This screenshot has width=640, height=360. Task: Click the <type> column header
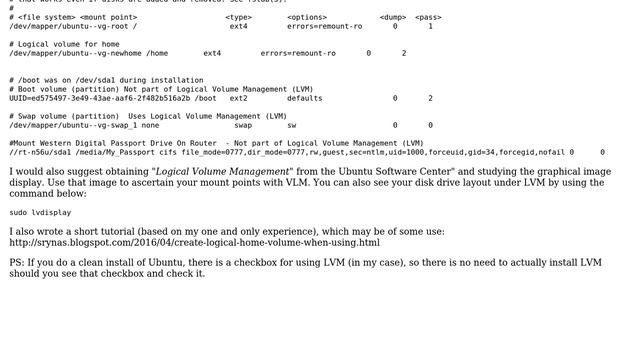pyautogui.click(x=238, y=17)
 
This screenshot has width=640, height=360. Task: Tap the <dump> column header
pyautogui.click(x=393, y=17)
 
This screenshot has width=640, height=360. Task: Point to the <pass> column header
pyautogui.click(x=428, y=17)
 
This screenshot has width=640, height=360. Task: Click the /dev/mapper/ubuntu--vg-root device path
pyautogui.click(x=59, y=26)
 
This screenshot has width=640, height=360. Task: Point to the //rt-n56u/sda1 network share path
pyautogui.click(x=37, y=152)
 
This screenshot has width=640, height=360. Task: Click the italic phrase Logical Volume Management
pyautogui.click(x=220, y=172)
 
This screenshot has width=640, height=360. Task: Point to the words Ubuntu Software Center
pyautogui.click(x=391, y=172)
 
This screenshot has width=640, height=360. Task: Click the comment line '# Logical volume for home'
pyautogui.click(x=65, y=44)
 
